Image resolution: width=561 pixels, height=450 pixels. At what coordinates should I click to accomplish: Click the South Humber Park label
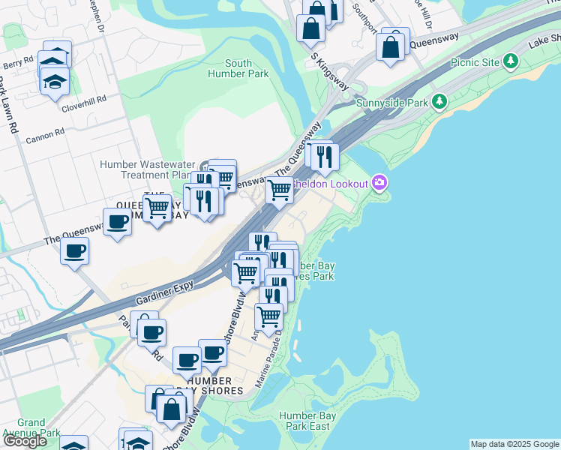click(247, 69)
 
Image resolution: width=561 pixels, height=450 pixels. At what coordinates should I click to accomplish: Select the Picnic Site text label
click(475, 62)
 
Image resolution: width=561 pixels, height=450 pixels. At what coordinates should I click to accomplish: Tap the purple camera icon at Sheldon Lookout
click(380, 183)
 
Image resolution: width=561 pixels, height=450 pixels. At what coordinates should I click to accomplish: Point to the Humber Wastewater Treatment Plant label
click(147, 169)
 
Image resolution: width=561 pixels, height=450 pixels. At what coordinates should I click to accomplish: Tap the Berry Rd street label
click(17, 59)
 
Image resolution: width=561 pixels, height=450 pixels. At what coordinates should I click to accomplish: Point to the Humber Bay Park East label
click(304, 421)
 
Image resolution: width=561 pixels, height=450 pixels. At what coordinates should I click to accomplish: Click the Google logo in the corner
click(25, 441)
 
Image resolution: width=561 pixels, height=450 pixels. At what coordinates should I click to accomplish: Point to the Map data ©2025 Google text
click(514, 444)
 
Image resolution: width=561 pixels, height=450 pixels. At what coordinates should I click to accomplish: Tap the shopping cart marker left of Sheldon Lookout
click(279, 191)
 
